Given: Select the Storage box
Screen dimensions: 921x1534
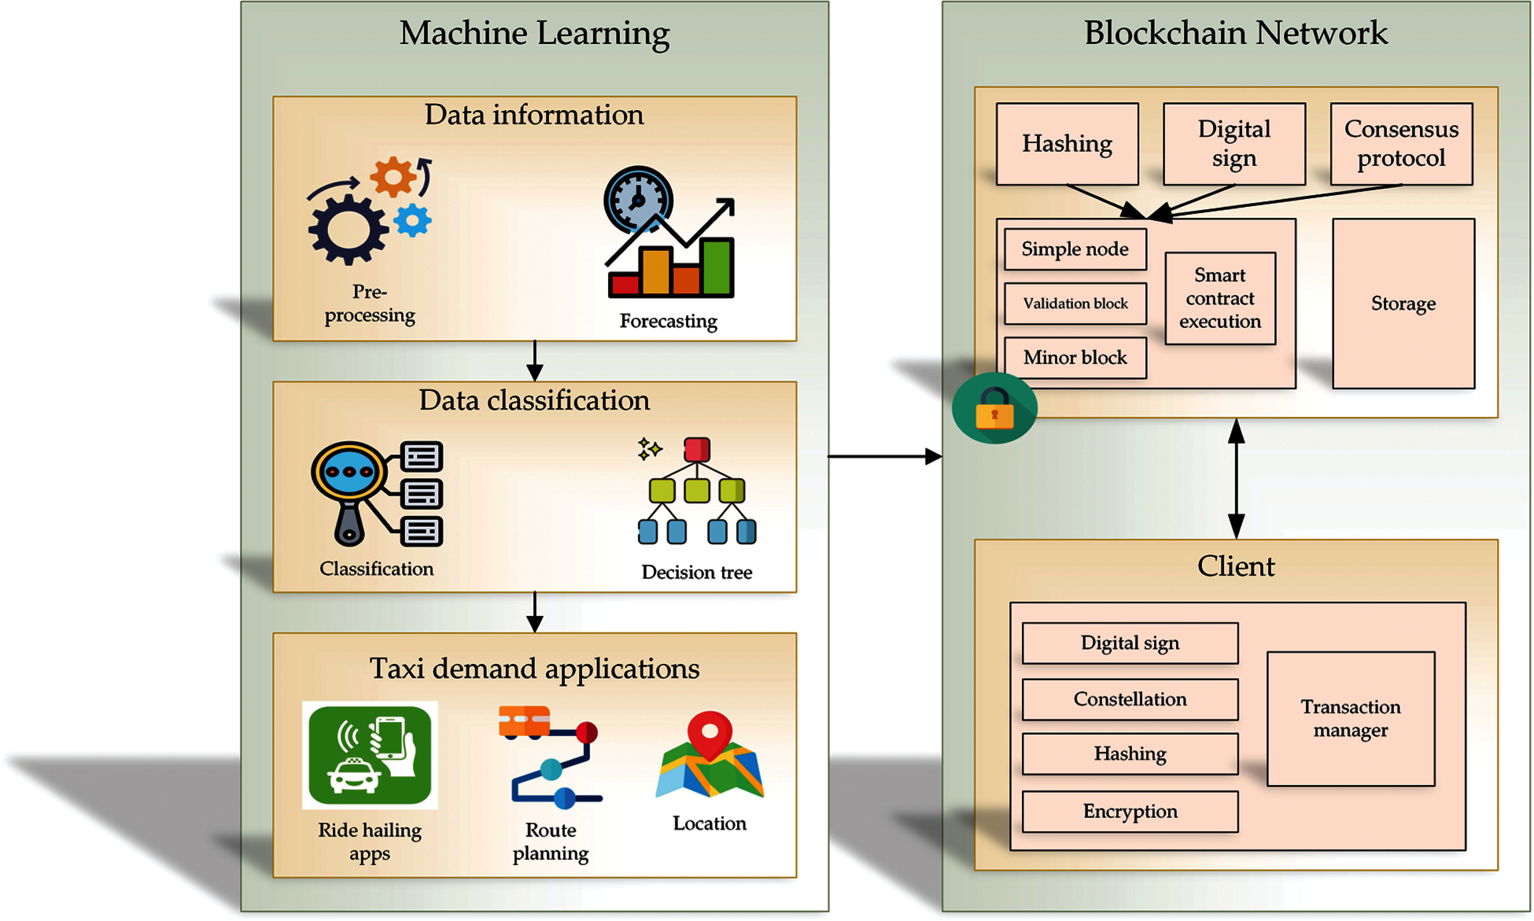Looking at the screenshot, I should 1403,304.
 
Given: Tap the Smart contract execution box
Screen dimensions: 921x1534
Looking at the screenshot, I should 1220,298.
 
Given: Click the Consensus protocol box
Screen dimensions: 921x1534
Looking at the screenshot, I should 1401,144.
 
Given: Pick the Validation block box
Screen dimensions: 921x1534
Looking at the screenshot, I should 1075,304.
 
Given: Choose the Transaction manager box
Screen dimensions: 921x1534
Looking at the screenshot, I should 1350,719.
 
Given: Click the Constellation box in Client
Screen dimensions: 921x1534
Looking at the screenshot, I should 1130,700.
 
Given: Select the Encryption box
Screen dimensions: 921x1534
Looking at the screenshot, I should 1130,811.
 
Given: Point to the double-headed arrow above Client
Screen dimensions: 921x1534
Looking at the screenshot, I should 1236,479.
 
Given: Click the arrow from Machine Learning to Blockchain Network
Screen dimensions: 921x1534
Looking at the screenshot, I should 884,457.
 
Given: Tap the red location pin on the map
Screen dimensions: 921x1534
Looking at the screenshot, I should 710,734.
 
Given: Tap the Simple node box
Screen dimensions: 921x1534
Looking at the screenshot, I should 1075,249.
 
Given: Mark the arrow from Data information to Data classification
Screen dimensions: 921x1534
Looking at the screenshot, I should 535,361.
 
